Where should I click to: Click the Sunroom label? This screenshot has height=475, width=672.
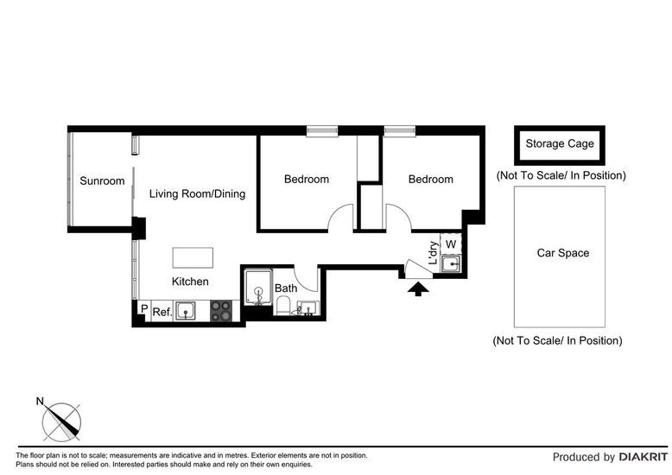[102, 180]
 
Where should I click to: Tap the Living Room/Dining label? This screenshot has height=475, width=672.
[197, 193]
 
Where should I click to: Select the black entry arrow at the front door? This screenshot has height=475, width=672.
[418, 289]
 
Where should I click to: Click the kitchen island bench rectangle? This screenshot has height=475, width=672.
[193, 257]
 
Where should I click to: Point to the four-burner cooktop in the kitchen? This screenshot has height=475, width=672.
[221, 311]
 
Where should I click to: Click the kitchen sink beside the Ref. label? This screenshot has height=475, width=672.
[186, 311]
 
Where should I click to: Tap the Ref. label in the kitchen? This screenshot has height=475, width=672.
[162, 312]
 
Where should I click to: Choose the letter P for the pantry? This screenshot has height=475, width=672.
[144, 308]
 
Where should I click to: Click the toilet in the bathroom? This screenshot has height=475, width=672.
[283, 307]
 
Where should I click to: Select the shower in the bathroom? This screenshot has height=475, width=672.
[258, 288]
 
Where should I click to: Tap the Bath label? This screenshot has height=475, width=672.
[286, 288]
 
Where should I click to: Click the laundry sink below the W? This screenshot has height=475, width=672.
[451, 264]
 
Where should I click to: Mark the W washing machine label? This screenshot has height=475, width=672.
[450, 244]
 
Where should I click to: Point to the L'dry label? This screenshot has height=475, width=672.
[434, 252]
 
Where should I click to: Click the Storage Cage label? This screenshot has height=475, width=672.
[560, 143]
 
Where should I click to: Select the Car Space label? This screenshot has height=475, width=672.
[562, 253]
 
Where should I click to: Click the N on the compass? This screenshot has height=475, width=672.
[40, 402]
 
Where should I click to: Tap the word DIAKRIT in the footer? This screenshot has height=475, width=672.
[643, 457]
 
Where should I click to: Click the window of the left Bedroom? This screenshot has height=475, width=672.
[322, 131]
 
